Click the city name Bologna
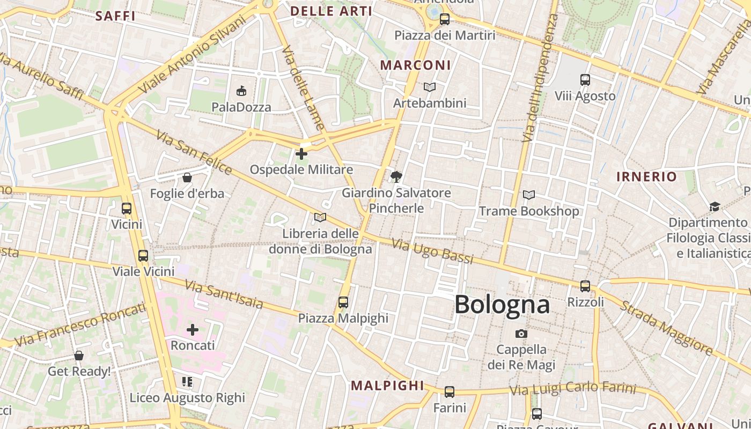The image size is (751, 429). coord(502,305)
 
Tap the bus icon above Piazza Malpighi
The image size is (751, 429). coord(343,302)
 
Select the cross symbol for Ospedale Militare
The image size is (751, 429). coord(301,154)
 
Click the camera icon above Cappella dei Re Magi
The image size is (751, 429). coord(521,334)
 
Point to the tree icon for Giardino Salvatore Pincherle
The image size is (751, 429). coord(396,176)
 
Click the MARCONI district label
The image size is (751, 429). coord(415,65)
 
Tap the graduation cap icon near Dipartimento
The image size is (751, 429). coord(715,207)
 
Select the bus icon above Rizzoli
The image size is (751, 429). coord(585,286)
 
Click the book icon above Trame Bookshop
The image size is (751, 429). coord(529,195)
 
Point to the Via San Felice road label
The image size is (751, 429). coord(195,153)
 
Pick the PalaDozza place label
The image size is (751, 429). coord(241,107)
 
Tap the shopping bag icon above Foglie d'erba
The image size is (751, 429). coord(187,177)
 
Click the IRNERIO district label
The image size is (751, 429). coord(646,177)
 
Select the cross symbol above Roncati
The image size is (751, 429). coord(193,330)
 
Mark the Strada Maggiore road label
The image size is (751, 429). coord(667,328)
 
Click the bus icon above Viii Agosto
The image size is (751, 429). coord(585,80)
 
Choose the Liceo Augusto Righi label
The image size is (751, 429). coord(187,398)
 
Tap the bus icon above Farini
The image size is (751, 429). coord(450,392)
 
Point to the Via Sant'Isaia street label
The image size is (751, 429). coord(224,294)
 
